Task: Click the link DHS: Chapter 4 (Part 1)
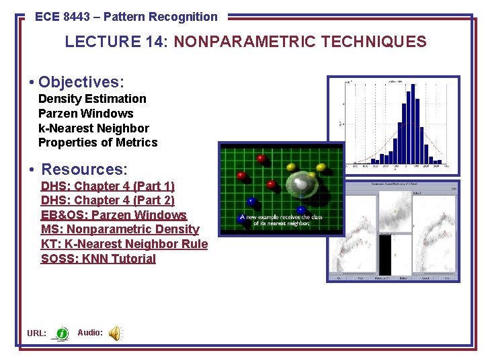(108, 186)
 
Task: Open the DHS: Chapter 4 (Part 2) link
(108, 200)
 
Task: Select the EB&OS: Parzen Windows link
(114, 215)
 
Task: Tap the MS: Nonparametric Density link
(120, 229)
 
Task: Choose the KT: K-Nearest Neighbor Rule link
(124, 244)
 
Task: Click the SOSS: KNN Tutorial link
(98, 259)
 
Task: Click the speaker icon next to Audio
(116, 333)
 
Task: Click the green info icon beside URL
(62, 333)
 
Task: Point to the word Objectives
(81, 82)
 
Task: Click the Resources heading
(84, 169)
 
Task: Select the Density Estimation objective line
(92, 99)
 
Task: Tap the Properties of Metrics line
(97, 143)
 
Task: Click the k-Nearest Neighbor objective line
(93, 128)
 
